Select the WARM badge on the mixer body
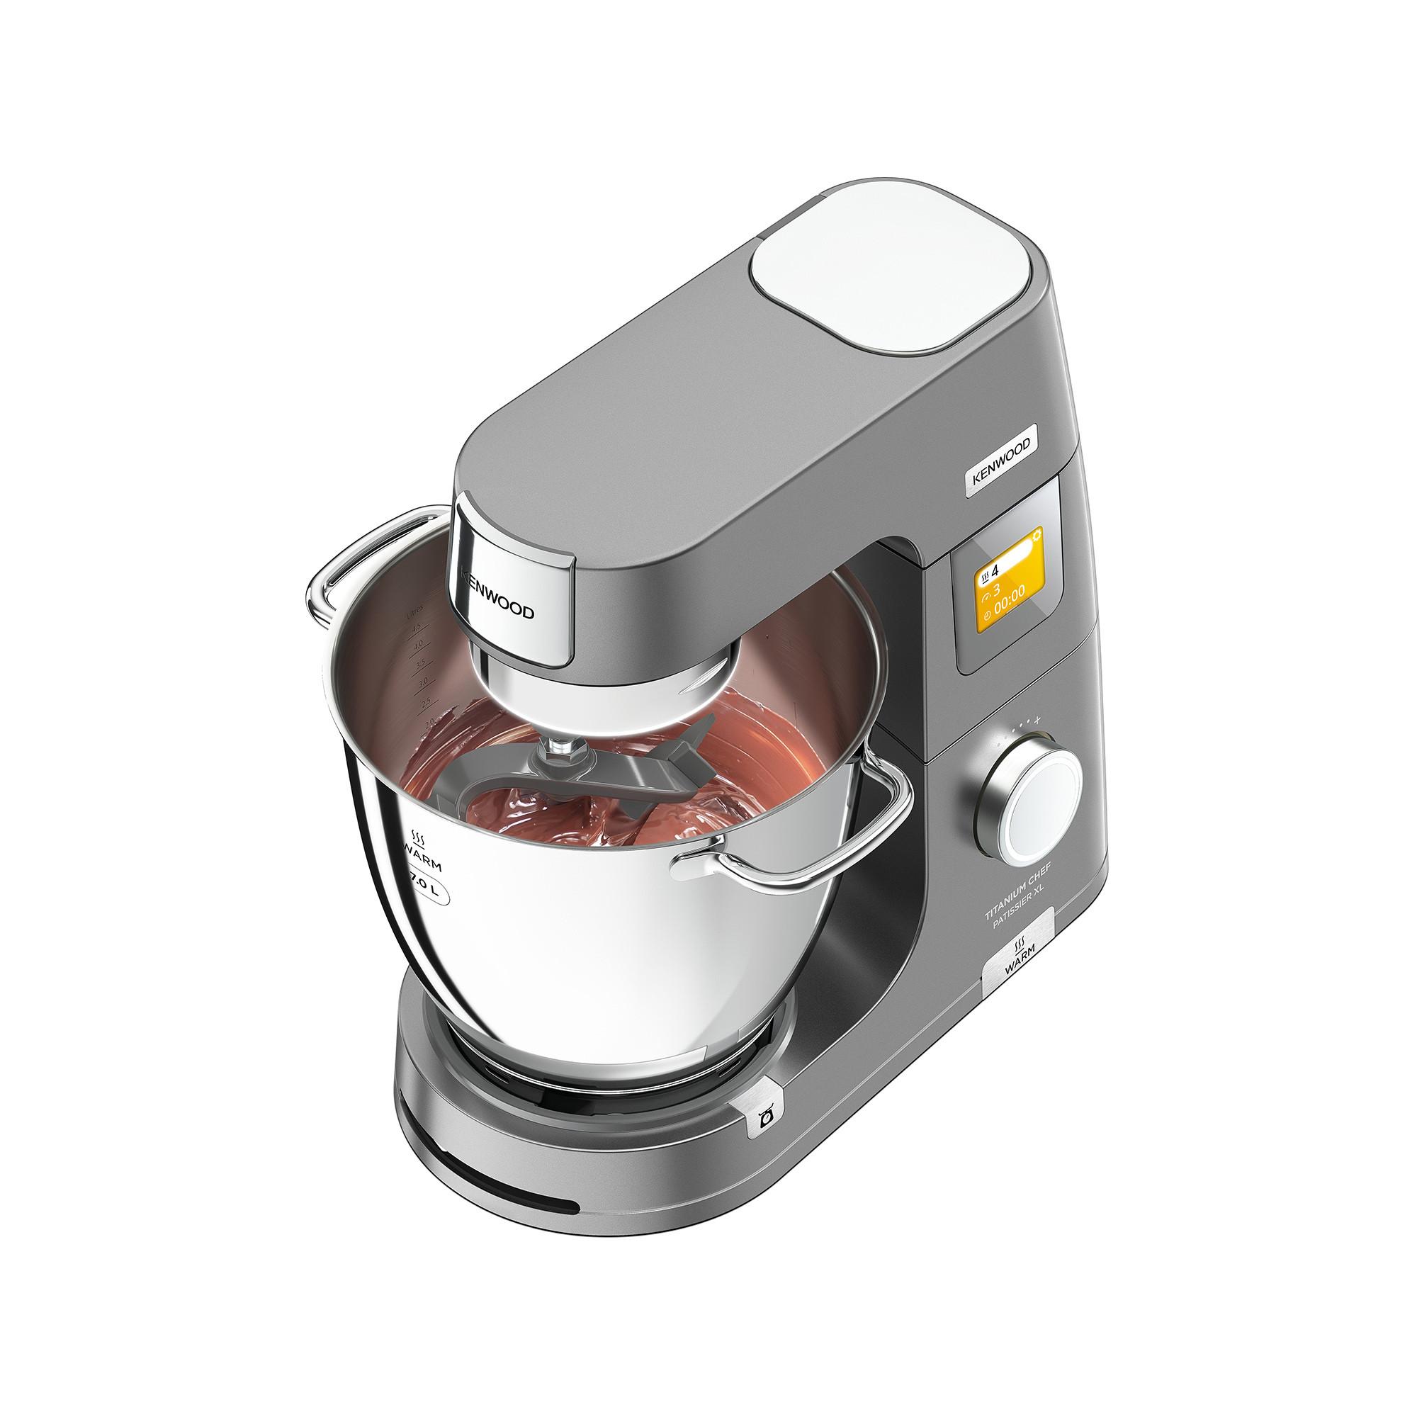[x=1018, y=955]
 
